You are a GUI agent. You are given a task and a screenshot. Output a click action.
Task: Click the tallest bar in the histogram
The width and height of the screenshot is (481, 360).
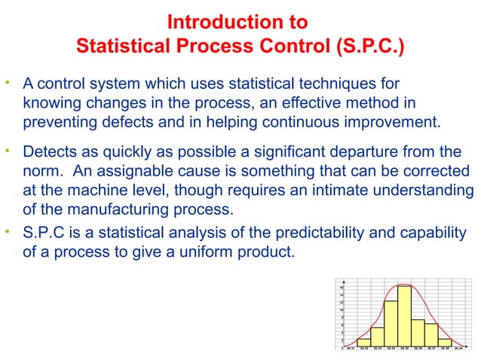[405, 316]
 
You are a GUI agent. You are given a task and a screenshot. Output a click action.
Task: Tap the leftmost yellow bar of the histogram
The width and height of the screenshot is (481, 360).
[363, 343]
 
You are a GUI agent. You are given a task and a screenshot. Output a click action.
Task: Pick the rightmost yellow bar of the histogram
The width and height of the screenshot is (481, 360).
[445, 343]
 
